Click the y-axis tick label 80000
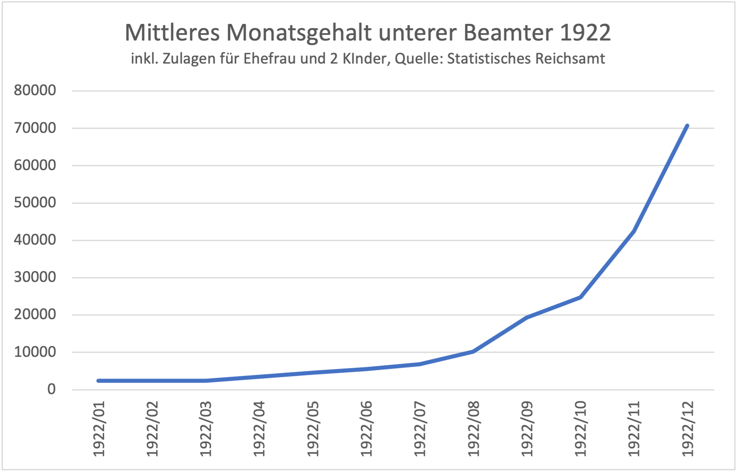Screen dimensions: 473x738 coord(35,90)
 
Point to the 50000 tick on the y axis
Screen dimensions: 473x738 coord(35,202)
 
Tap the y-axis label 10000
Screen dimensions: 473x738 coord(35,352)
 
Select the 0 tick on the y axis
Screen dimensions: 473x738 coord(51,389)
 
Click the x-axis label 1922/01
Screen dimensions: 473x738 coord(99,428)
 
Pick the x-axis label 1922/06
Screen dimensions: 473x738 coord(366,428)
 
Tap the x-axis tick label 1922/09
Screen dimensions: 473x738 coord(527,428)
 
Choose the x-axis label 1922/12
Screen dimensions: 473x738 coord(687,428)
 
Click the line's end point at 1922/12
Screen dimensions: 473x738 coord(687,126)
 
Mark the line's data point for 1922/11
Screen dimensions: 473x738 coord(634,231)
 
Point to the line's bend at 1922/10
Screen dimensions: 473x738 coord(580,297)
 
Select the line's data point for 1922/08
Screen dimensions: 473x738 coord(473,352)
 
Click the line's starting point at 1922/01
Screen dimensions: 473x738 coord(99,381)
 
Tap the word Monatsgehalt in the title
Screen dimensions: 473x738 coord(299,32)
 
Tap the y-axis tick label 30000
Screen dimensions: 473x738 coord(35,277)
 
